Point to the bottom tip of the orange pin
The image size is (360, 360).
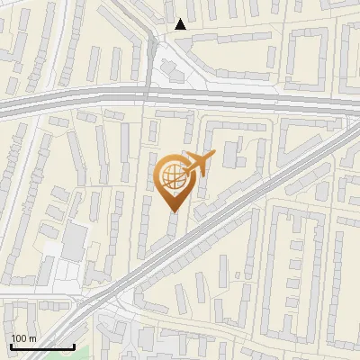173,211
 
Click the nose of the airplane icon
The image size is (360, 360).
212,155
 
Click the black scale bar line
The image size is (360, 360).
41,346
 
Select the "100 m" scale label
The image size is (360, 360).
23,338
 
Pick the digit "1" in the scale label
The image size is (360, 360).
14,338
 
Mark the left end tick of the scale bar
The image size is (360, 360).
10,345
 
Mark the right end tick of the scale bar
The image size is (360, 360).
73,345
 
